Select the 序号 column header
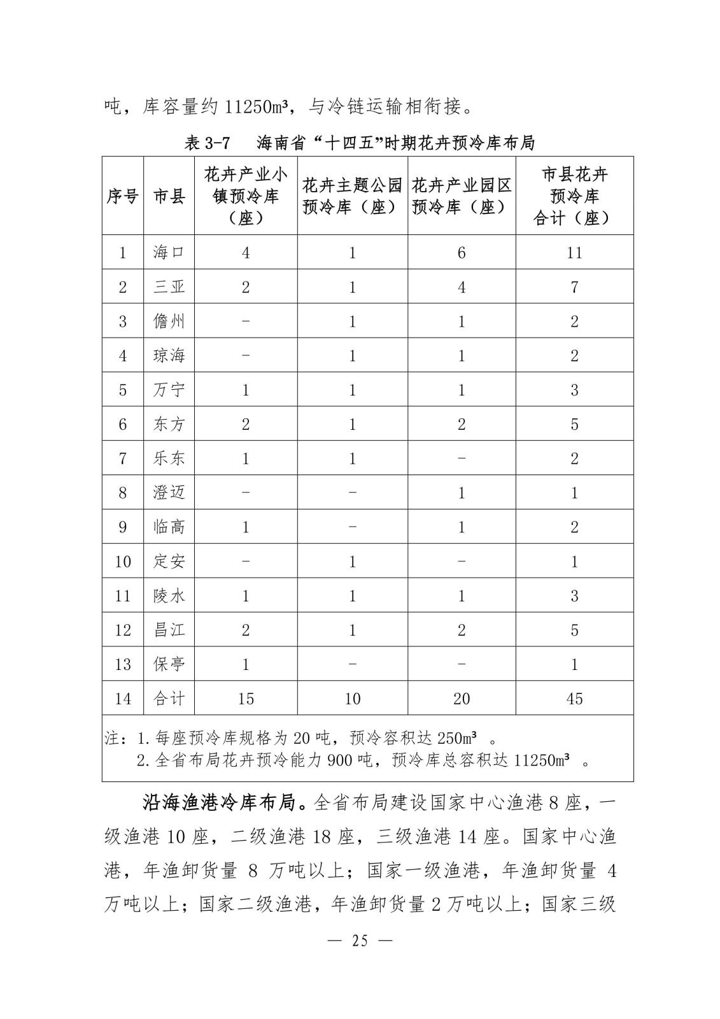pos(122,196)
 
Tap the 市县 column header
pos(169,196)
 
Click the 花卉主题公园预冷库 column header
pos(352,196)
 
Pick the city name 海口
pos(169,252)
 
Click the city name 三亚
pos(169,287)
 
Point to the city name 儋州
pos(169,321)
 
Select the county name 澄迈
pos(169,492)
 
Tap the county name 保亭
pos(169,664)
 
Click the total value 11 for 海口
pos(574,252)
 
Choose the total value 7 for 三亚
pos(574,287)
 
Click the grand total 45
pos(574,699)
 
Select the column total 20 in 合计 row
pos(462,699)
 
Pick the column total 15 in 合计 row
pos(246,699)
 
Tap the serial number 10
pos(122,561)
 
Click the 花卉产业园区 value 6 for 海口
pos(462,252)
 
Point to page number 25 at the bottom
pos(360,941)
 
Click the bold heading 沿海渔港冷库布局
pos(220,803)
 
